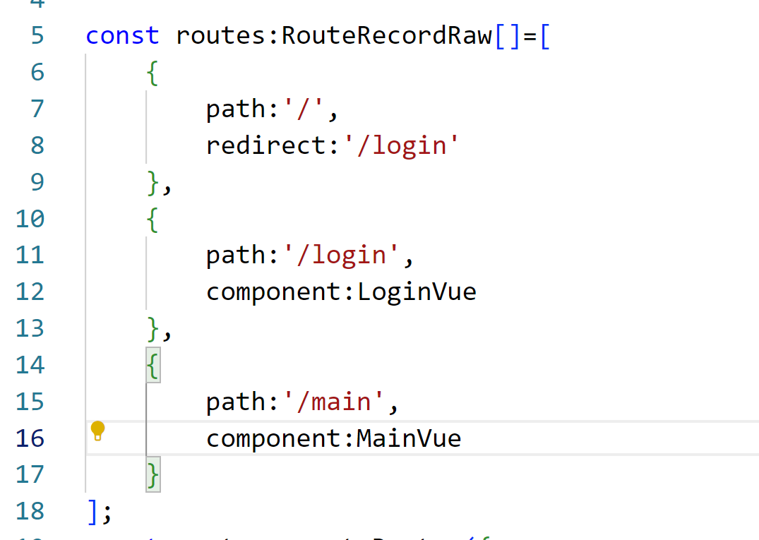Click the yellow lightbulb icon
tap(98, 430)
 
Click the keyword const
tap(123, 35)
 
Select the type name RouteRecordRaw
tap(387, 35)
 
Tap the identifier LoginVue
tap(417, 292)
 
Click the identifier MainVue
tap(409, 439)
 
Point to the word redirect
tap(267, 145)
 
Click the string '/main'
tap(336, 402)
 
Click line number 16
tap(30, 439)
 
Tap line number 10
tap(30, 219)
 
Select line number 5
tap(37, 35)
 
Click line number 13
tap(30, 328)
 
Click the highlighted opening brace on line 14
tap(153, 365)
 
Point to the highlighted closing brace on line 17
tap(153, 474)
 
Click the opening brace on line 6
tap(153, 72)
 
